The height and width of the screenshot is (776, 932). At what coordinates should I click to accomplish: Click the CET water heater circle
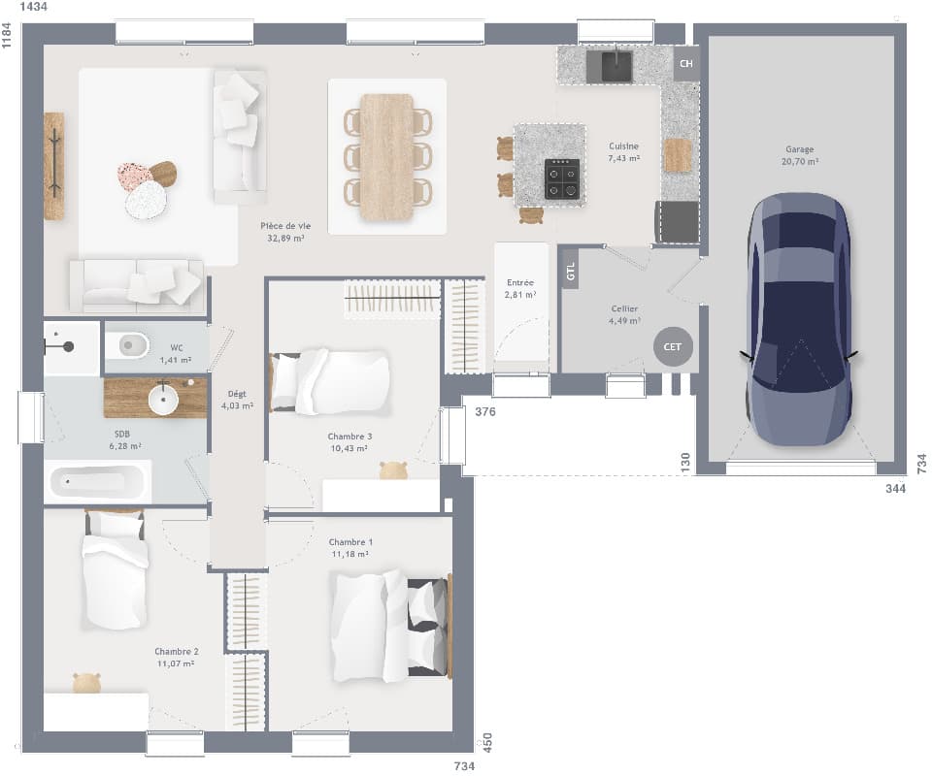(673, 346)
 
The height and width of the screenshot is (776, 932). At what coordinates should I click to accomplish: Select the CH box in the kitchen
(686, 64)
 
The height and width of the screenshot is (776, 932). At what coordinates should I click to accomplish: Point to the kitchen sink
(616, 66)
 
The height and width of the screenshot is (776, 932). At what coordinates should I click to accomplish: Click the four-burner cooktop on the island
(562, 178)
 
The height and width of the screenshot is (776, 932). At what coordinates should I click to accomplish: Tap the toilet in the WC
(127, 344)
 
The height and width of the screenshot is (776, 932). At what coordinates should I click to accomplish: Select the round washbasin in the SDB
(163, 397)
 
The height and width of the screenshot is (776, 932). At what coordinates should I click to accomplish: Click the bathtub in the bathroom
(97, 481)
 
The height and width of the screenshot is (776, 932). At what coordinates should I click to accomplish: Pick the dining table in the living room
(386, 155)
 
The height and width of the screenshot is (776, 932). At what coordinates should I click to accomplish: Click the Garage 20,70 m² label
(800, 155)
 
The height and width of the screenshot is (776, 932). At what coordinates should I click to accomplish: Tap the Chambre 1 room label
(350, 547)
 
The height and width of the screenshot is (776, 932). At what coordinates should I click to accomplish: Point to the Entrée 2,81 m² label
(519, 288)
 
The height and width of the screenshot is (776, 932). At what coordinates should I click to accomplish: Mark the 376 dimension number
(485, 412)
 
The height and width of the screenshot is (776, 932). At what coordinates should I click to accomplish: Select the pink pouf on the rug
(133, 175)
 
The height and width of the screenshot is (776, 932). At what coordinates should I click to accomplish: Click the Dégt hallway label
(237, 400)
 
